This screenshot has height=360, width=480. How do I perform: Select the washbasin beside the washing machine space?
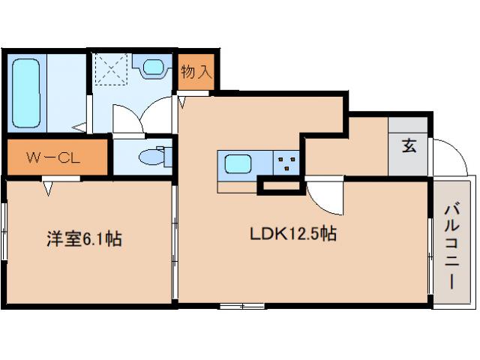click(154, 68)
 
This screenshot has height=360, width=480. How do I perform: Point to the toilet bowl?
click(153, 157)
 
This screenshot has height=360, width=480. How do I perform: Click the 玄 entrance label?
click(409, 146)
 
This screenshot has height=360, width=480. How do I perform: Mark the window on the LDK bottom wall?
click(241, 305)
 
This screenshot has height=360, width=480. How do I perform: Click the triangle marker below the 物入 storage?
click(182, 101)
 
